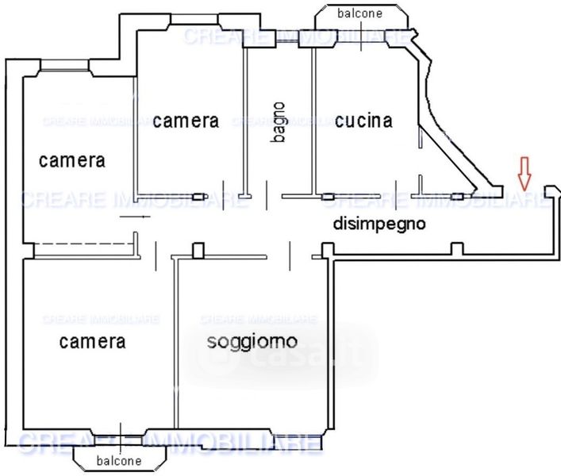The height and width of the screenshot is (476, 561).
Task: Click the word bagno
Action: coord(278,122)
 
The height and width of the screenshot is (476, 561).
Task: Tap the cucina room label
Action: coord(364,121)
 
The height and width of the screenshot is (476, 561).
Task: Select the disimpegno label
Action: coord(379,224)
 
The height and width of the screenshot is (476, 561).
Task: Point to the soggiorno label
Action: coord(252,342)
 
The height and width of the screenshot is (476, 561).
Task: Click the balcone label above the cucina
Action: coord(359,13)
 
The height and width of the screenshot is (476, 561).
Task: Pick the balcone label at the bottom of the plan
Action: coord(119,460)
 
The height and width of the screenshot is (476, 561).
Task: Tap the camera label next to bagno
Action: coord(186,121)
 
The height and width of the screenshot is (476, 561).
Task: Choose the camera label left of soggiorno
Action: coord(92,342)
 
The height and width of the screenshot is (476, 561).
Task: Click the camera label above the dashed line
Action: coord(72,160)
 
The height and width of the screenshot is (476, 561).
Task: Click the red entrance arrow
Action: coord(523,172)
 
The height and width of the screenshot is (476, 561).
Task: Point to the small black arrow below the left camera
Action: coord(136,216)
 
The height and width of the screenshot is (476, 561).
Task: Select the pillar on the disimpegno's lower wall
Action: coord(456,249)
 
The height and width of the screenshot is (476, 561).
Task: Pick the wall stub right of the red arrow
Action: coord(551,192)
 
